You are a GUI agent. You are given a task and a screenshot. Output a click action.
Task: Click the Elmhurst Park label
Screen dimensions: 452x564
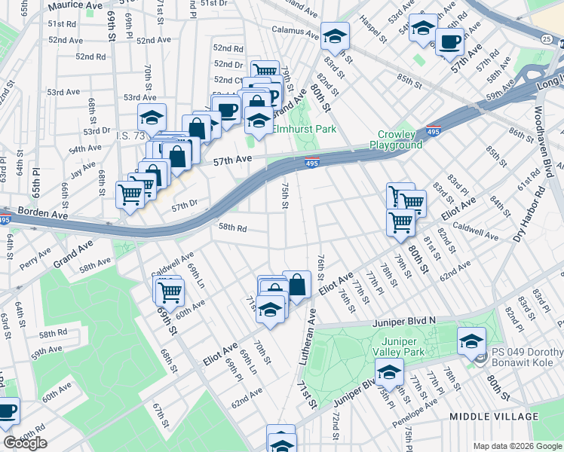[304, 129]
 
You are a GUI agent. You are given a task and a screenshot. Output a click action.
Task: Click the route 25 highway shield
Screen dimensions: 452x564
[544, 38]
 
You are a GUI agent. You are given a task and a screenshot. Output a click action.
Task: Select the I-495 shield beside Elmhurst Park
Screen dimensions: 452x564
[311, 162]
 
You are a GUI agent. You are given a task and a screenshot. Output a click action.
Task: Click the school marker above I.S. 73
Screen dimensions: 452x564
[152, 118]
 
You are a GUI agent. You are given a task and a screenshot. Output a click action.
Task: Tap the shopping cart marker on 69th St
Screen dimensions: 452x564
[170, 289]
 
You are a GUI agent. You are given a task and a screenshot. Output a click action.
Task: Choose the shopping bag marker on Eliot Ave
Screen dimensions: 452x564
[297, 285]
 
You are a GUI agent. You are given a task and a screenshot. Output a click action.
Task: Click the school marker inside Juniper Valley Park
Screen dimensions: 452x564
[389, 371]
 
